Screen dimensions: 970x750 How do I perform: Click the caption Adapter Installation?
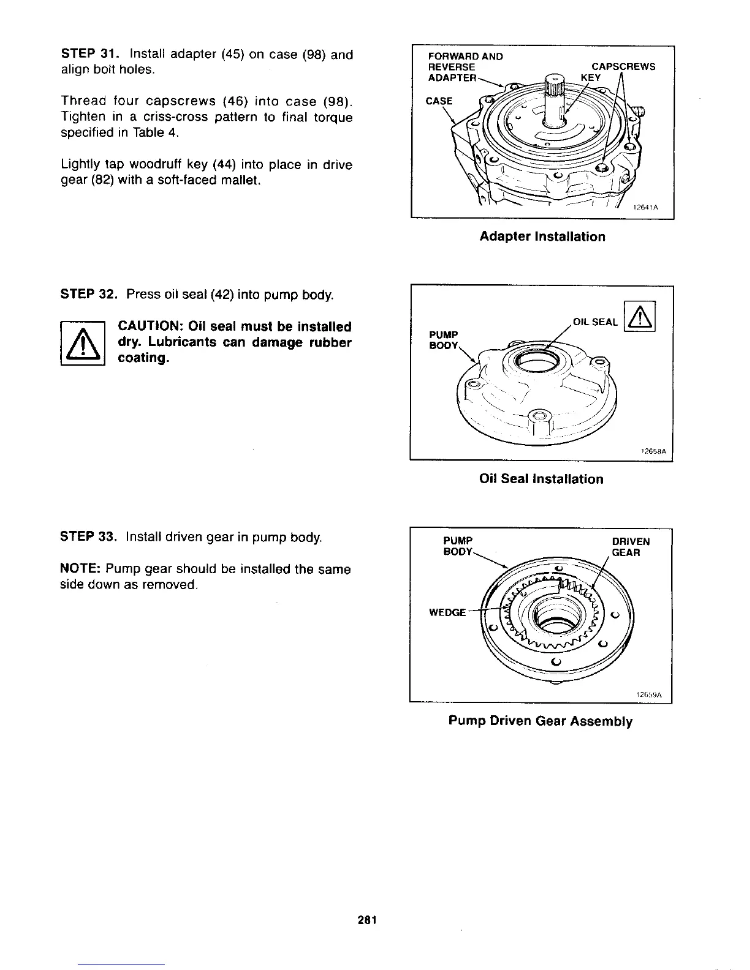[x=542, y=236]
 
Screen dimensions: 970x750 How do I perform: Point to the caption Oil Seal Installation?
[x=541, y=479]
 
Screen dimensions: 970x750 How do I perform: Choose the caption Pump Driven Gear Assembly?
[x=540, y=721]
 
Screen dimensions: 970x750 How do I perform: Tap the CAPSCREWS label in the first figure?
[x=623, y=66]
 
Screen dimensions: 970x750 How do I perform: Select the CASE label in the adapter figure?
[x=439, y=101]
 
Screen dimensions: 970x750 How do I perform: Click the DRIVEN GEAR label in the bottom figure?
[x=631, y=547]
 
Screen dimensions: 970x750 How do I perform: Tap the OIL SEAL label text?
[x=595, y=322]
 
